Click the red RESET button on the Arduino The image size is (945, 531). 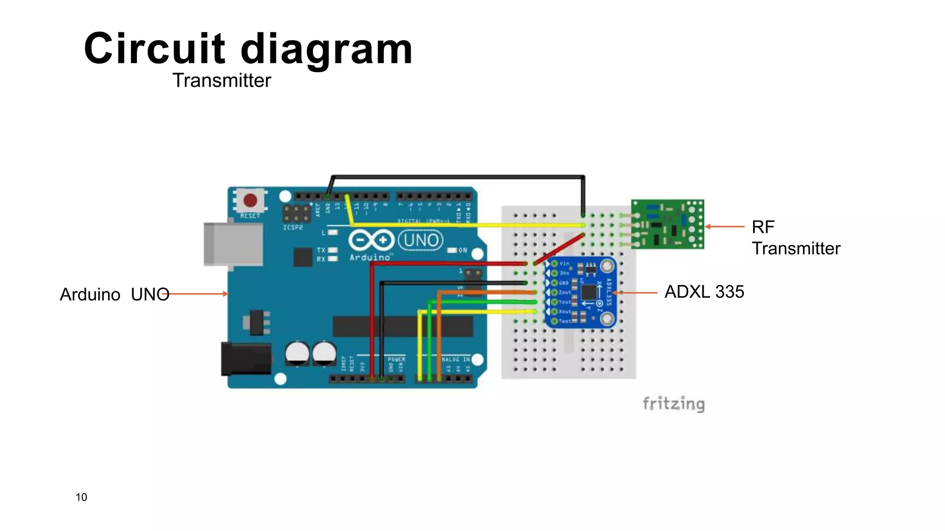250,201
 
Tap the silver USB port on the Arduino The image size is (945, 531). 233,244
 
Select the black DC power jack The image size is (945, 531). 245,359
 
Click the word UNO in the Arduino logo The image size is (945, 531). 421,240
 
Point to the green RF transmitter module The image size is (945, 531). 667,224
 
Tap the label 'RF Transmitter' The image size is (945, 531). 795,238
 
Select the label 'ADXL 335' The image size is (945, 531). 704,292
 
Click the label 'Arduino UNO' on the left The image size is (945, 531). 114,295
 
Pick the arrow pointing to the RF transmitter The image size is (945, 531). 724,226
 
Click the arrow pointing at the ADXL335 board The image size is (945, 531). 635,293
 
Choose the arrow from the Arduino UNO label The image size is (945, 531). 196,294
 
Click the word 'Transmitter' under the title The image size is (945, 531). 222,81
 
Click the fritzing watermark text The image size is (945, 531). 673,404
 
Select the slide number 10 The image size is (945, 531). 81,497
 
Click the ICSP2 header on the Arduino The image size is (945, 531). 296,214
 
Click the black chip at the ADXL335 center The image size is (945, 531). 589,292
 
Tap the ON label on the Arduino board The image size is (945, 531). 463,250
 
